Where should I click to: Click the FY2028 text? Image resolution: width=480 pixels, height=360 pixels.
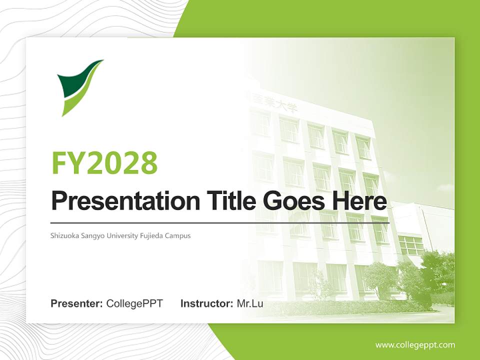tap(104, 162)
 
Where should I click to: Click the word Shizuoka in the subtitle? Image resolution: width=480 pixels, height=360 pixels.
tap(63, 235)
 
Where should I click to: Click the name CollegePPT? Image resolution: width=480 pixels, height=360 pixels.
tap(134, 303)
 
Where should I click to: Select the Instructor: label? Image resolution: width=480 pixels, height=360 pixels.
tap(206, 303)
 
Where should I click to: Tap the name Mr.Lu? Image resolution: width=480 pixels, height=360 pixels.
tap(250, 303)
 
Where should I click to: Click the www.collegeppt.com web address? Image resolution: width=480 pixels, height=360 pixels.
tap(415, 344)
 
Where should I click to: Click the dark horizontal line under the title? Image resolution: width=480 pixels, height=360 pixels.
tap(220, 222)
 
